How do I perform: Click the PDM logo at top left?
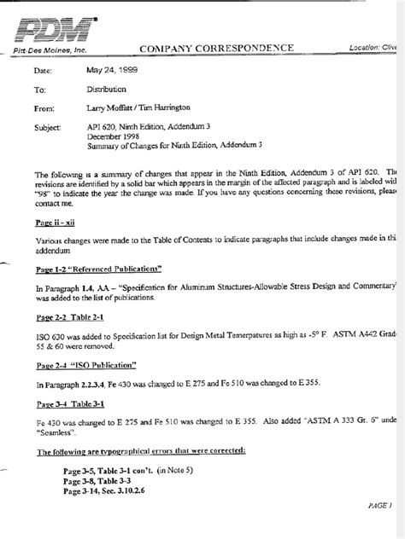tap(53, 32)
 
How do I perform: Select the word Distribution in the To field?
tap(107, 89)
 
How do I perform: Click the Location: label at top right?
tap(367, 48)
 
